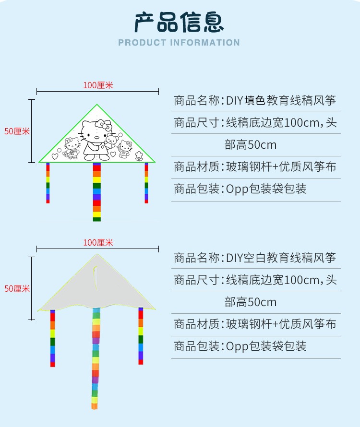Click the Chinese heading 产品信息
pos(179,23)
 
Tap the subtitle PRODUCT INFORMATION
pos(179,43)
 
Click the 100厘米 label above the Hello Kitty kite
pos(98,85)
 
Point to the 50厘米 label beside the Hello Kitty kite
pos(17,131)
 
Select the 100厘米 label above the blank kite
pos(98,242)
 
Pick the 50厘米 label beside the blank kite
pos(17,289)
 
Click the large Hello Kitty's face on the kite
pos(92,132)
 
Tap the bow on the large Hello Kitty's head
pos(104,125)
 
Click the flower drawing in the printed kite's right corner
pos(139,156)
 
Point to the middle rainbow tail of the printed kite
pos(97,192)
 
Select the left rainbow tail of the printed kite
pos(48,183)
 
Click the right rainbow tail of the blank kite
pos(141,336)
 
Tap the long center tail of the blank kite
pos(95,359)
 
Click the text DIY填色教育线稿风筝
pos(281,100)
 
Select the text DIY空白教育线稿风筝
pos(281,258)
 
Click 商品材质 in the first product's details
pos(196,166)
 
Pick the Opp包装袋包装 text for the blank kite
pos(266,346)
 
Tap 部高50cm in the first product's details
pos(251,144)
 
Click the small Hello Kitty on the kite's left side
pos(72,148)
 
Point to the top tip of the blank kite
pos(97,254)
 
